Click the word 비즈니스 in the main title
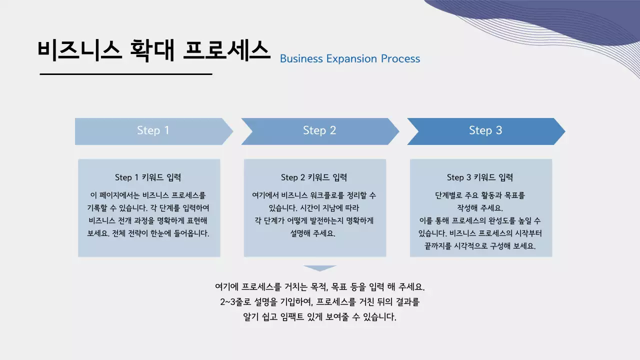[79, 50]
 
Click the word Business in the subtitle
[301, 59]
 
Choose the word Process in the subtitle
[400, 59]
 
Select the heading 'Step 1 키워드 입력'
[148, 177]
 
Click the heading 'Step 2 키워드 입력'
[314, 177]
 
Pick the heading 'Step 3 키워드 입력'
[480, 177]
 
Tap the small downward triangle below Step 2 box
[320, 268]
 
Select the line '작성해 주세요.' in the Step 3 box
[480, 207]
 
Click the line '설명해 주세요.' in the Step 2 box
[312, 233]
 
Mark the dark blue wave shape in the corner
[550, 20]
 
